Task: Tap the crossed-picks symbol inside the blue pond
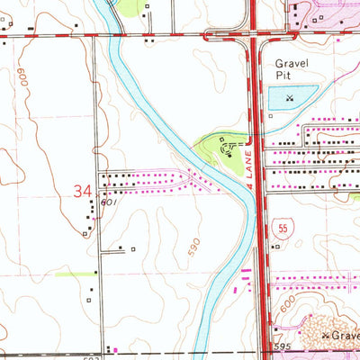click(x=289, y=97)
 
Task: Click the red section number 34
click(x=83, y=191)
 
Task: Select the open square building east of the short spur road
click(x=132, y=249)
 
